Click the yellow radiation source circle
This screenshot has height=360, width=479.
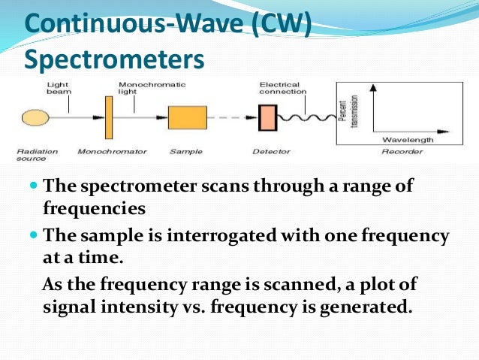[33, 117]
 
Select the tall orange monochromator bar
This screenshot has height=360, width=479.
[108, 117]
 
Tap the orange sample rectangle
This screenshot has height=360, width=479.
[187, 118]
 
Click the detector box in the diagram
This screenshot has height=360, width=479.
[267, 118]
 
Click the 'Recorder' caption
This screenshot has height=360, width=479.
[402, 152]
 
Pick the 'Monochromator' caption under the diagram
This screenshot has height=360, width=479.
[110, 152]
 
